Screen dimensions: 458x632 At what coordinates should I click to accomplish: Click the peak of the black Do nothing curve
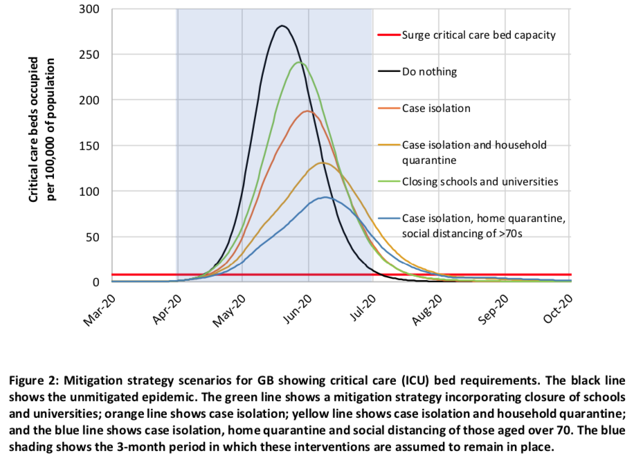282,26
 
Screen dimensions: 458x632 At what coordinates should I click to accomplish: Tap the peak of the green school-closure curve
299,63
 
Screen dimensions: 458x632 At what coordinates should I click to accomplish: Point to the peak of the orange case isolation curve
307,111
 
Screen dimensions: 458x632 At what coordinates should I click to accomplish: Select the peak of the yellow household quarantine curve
322,163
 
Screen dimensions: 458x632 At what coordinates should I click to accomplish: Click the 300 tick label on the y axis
91,9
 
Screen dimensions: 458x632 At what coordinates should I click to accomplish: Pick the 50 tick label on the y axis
94,237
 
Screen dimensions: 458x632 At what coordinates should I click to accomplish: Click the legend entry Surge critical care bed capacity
478,35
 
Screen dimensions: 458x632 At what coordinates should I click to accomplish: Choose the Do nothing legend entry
429,71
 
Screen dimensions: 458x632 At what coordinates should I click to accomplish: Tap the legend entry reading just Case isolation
436,108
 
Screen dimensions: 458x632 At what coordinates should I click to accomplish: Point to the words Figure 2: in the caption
33,381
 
